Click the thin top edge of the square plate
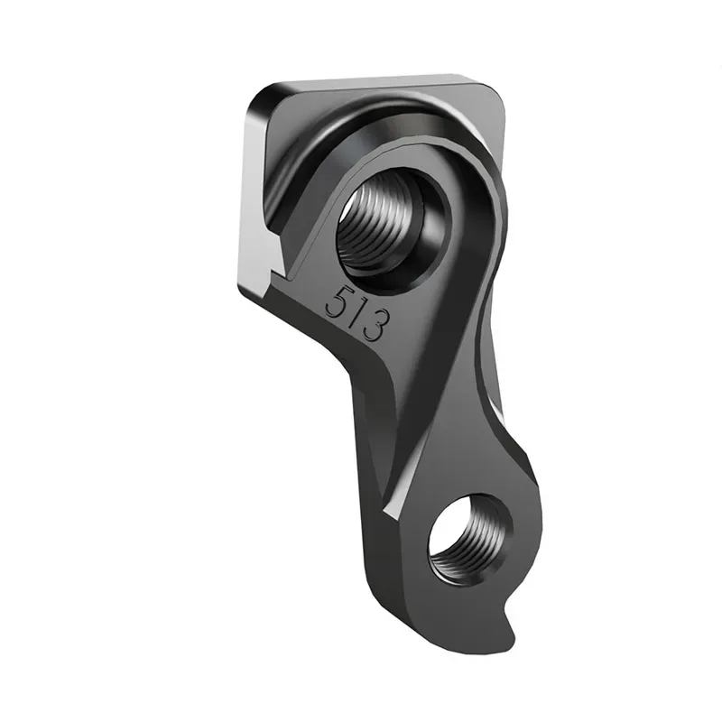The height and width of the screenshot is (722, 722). (379, 81)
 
